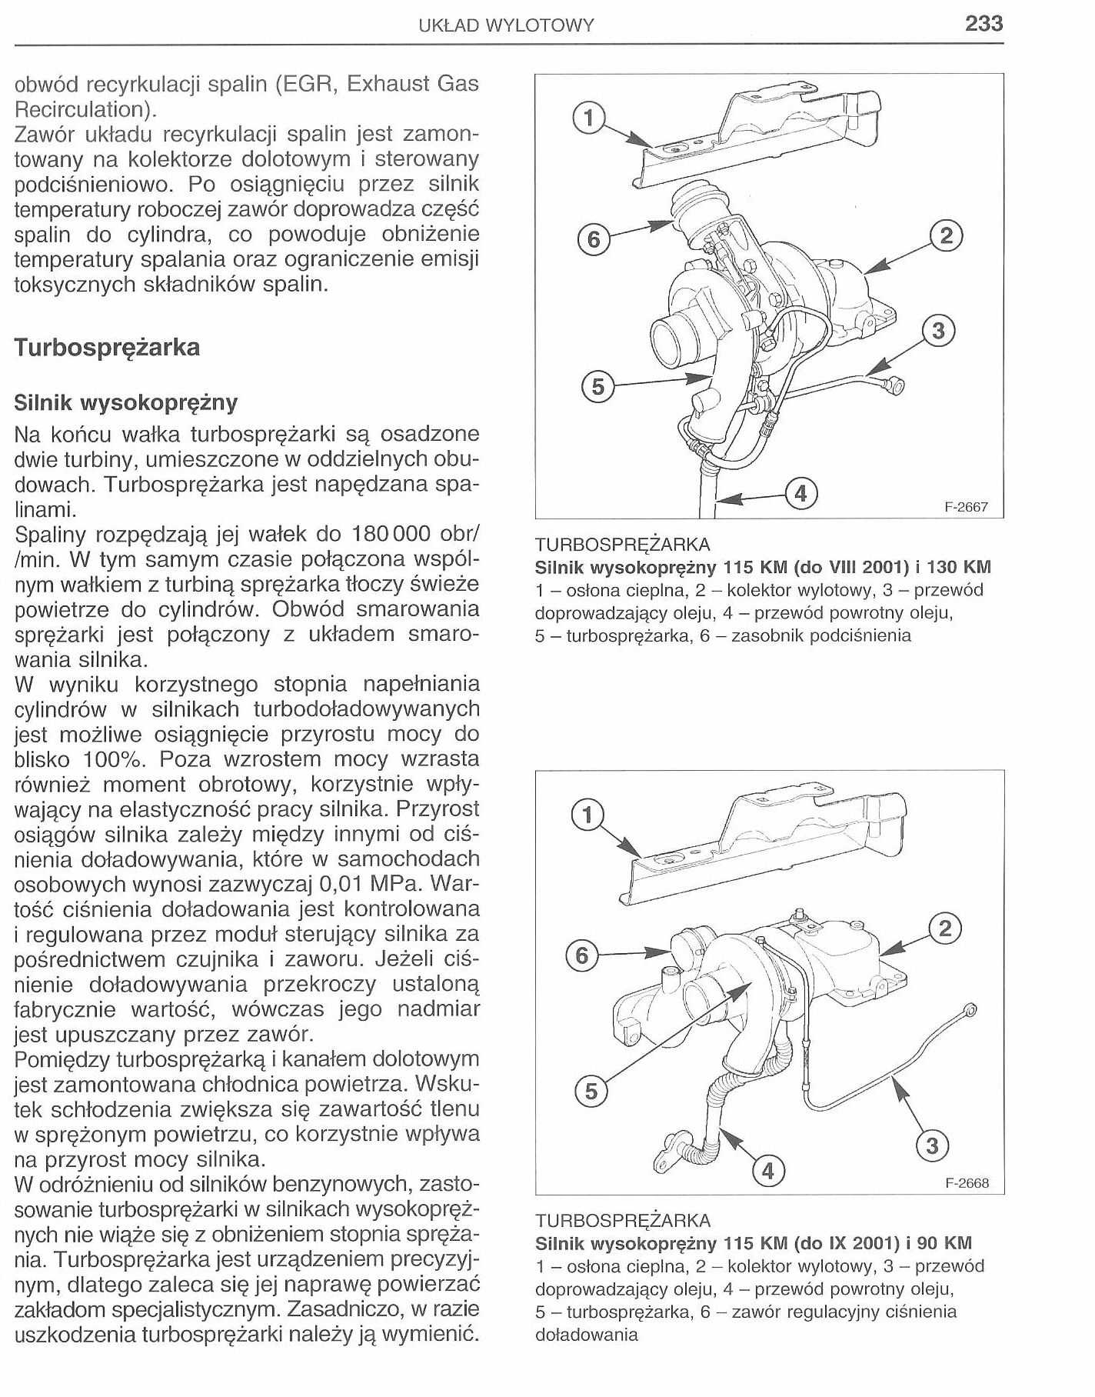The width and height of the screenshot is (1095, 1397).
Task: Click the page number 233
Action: point(984,24)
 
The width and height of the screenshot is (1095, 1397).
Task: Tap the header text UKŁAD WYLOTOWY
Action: point(506,25)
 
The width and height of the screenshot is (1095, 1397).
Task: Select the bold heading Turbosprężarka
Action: point(107,347)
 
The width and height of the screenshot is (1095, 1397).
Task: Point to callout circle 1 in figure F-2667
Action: point(589,118)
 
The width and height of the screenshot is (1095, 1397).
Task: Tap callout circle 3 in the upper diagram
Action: point(937,332)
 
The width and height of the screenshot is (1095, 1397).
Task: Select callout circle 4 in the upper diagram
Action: point(800,492)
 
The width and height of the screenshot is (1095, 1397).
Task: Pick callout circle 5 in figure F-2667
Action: point(597,387)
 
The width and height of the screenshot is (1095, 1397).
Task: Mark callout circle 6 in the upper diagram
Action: point(593,240)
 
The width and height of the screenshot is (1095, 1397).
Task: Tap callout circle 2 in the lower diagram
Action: point(945,929)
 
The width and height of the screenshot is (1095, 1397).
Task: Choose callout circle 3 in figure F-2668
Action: point(932,1146)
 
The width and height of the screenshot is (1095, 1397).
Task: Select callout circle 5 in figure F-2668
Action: point(591,1092)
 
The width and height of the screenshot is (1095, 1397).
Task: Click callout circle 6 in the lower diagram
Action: point(582,955)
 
